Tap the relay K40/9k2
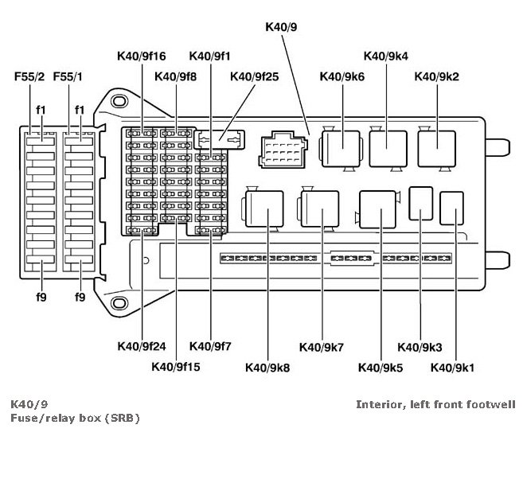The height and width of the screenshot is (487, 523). click(x=437, y=147)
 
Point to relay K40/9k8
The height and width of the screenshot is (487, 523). click(x=266, y=208)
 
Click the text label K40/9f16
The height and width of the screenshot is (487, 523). click(x=142, y=56)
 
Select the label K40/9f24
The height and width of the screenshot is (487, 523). click(x=142, y=346)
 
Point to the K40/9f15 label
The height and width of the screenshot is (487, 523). click(x=177, y=367)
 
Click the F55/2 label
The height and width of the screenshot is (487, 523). click(x=29, y=77)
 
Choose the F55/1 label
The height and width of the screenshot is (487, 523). click(x=69, y=77)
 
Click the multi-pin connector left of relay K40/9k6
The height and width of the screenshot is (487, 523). click(x=280, y=149)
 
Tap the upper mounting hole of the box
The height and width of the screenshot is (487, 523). click(x=119, y=102)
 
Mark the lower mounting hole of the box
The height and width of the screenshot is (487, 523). click(x=119, y=302)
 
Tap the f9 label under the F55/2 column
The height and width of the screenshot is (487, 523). click(x=40, y=297)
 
